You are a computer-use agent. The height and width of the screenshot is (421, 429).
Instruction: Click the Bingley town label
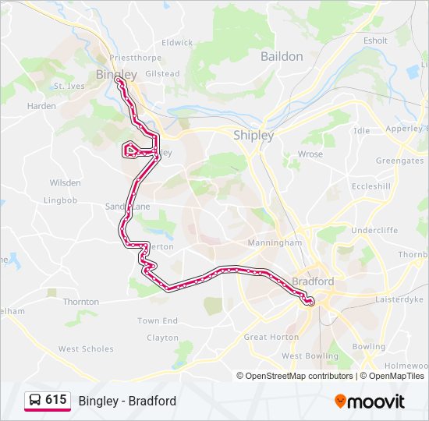(x=115, y=74)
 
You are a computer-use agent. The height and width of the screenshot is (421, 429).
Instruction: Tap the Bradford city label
(x=312, y=281)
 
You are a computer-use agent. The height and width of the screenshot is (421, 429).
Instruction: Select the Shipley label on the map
(x=253, y=135)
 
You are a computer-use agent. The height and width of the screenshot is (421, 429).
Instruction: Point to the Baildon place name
(x=282, y=56)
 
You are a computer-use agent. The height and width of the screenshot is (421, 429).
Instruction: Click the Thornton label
(x=81, y=302)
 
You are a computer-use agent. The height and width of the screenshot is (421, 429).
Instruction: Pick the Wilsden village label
(x=65, y=183)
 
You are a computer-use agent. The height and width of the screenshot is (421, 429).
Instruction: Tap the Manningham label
(x=275, y=243)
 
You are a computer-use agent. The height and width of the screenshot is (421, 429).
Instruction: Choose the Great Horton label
(x=271, y=338)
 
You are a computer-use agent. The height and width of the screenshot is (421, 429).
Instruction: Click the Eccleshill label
(x=370, y=187)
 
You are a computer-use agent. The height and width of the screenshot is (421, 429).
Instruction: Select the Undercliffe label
(x=374, y=231)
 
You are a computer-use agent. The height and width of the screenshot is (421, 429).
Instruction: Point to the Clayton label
(x=162, y=338)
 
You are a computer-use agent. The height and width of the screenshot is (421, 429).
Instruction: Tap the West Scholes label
(x=86, y=349)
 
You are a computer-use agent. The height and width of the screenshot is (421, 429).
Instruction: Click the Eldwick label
(x=177, y=43)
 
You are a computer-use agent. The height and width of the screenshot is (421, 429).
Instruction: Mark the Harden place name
(x=41, y=106)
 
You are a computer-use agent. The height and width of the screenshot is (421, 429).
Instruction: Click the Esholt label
(x=375, y=41)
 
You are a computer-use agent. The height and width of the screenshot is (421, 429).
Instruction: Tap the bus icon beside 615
(x=35, y=400)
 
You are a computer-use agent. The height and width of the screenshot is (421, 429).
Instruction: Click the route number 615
(x=55, y=400)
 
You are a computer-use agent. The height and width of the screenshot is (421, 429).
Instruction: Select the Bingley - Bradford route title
(x=127, y=401)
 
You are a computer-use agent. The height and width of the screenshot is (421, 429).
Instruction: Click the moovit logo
(x=370, y=401)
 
